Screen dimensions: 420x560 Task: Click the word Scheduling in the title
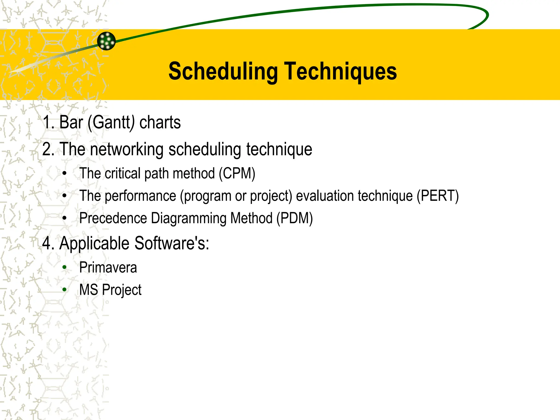pos(223,72)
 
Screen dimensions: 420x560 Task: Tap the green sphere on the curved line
pos(106,41)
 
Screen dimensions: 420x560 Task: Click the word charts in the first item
pos(160,122)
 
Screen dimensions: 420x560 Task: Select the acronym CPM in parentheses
pos(237,173)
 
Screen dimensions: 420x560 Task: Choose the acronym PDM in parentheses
pos(294,218)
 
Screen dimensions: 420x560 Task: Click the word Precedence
pos(113,218)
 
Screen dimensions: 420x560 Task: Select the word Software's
pos(171,243)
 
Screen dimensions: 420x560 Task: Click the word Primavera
pos(108,267)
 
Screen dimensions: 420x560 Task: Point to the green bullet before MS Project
pos(65,290)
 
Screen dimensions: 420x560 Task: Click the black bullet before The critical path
pos(65,173)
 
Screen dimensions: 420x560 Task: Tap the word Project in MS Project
pos(122,290)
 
